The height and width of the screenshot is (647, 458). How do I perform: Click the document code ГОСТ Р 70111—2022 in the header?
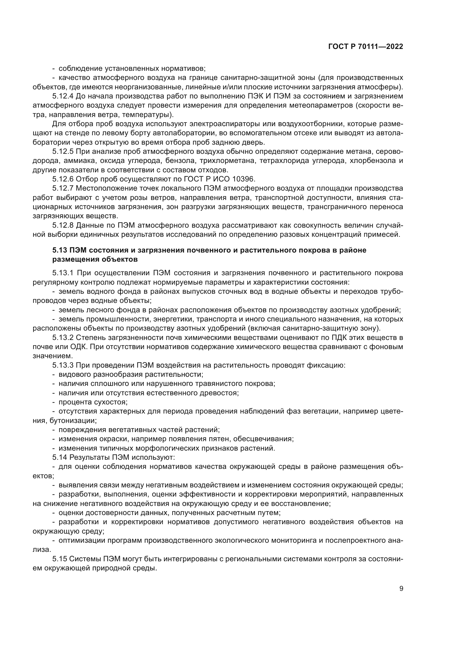click(x=366, y=47)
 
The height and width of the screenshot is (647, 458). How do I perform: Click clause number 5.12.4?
click(x=63, y=96)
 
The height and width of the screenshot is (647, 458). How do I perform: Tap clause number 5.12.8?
click(x=63, y=225)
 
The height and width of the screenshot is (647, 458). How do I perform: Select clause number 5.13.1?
click(x=63, y=273)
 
